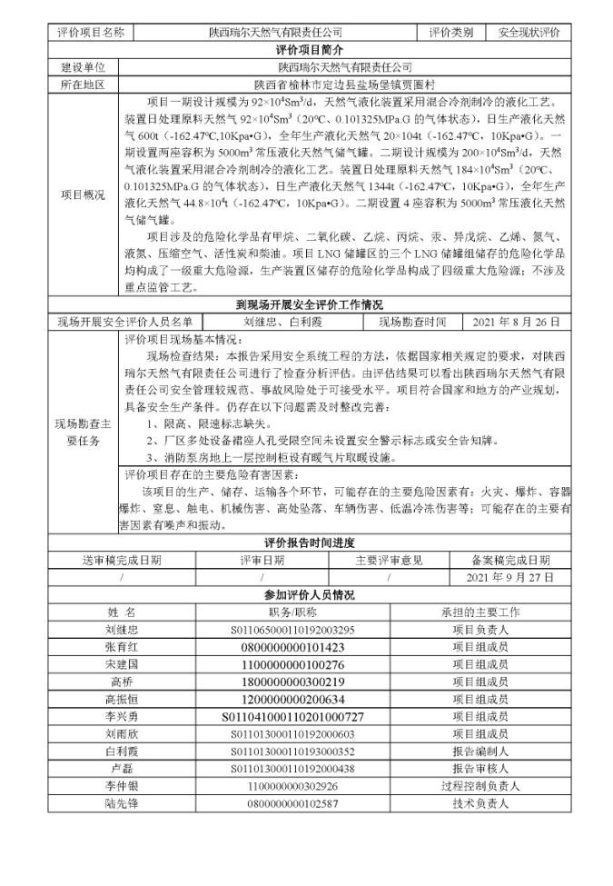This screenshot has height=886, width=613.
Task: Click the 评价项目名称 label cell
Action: point(90,33)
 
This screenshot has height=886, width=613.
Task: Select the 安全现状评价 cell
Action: point(529,33)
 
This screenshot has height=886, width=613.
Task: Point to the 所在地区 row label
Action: point(83,84)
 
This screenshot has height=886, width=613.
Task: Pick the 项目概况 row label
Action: point(83,194)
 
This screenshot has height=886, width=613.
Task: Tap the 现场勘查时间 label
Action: point(412,322)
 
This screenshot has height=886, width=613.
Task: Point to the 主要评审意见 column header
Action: point(389,560)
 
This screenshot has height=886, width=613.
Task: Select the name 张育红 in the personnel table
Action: point(122,646)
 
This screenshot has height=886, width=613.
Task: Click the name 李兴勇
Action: point(122,716)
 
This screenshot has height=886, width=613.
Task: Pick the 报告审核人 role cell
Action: point(480,768)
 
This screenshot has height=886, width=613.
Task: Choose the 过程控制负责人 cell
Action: point(480,785)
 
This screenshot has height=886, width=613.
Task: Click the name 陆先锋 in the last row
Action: point(122,802)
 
